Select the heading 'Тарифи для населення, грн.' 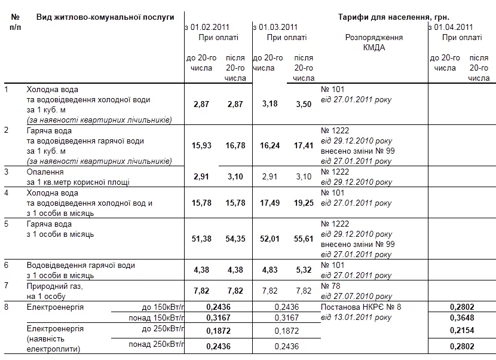[394, 17]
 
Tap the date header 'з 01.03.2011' [275, 27]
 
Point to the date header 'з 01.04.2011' [451, 27]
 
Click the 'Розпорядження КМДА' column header [374, 42]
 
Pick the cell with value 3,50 [304, 104]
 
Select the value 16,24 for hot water [270, 145]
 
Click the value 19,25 [304, 203]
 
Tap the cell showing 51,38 [201, 239]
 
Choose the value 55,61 [304, 239]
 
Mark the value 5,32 [304, 270]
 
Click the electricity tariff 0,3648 [462, 318]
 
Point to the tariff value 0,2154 [462, 331]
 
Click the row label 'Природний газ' [54, 286]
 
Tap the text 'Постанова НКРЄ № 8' [361, 307]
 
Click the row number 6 [7, 265]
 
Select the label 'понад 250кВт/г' [157, 344]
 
